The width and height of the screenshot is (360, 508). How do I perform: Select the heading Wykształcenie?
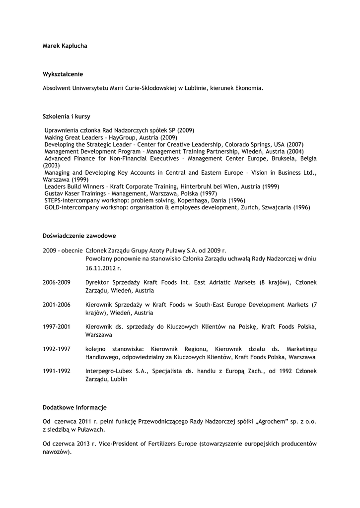tap(63, 74)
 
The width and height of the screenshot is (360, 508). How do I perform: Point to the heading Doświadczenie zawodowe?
tap(79, 236)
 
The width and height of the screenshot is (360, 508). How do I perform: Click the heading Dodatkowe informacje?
tap(74, 407)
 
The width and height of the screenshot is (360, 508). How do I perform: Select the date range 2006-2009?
tap(57, 282)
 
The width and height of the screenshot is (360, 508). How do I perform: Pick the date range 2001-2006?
tap(57, 304)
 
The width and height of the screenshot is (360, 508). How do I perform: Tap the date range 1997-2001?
tap(57, 326)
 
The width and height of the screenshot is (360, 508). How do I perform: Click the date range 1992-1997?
tap(57, 349)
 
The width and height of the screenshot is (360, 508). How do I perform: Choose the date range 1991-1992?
tap(57, 371)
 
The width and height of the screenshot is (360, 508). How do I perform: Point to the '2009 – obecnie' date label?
tap(63, 251)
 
